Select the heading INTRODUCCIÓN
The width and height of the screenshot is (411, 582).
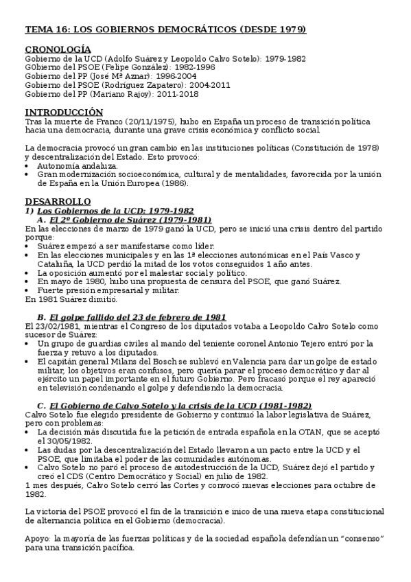[x=64, y=112]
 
